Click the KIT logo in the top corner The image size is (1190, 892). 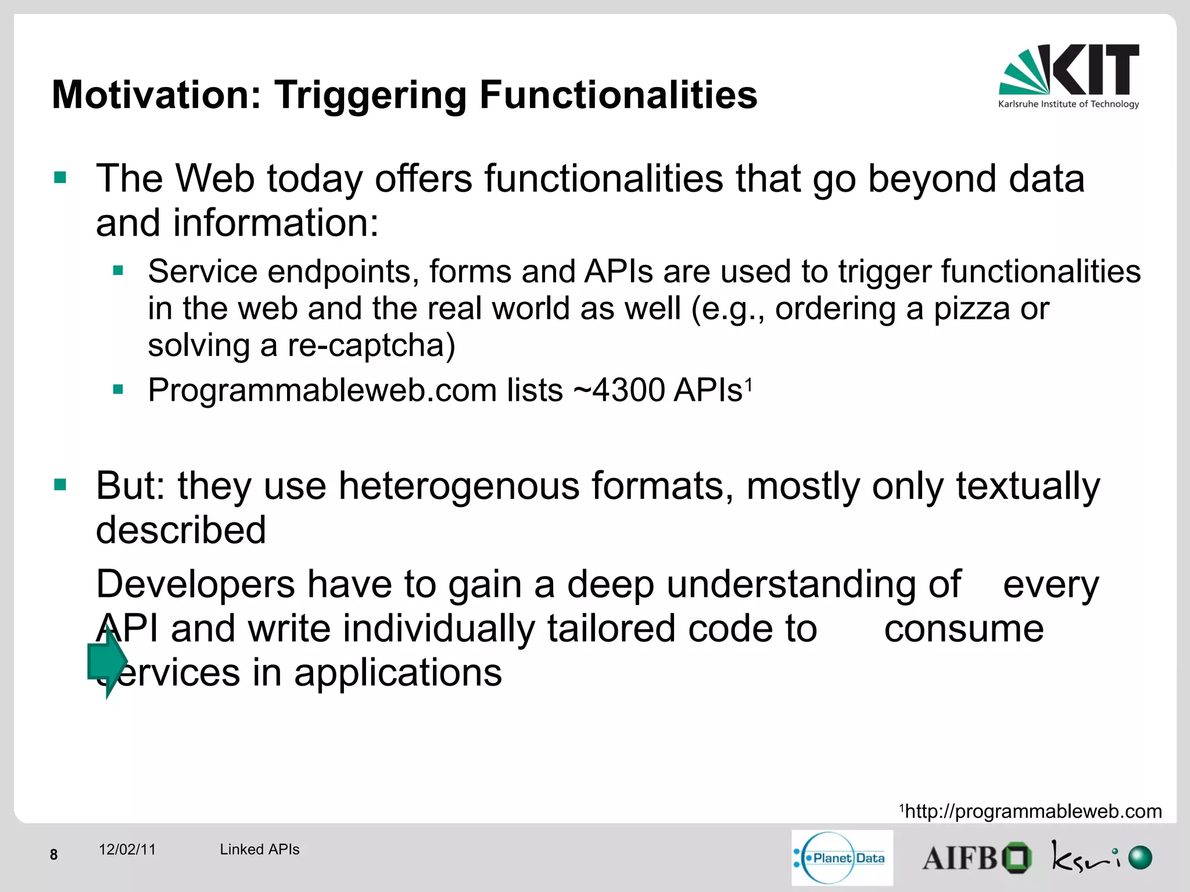click(x=1069, y=75)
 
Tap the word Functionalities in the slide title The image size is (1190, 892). click(x=618, y=95)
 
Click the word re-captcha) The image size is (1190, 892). click(x=371, y=346)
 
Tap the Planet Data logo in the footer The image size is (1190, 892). click(x=842, y=858)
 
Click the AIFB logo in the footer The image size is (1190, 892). click(x=977, y=858)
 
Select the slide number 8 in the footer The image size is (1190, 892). click(x=53, y=854)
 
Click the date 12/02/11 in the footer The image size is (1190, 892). click(x=127, y=850)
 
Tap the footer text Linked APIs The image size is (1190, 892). click(x=259, y=850)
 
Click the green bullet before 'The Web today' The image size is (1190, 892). click(x=60, y=177)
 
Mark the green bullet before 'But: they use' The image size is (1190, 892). click(x=60, y=484)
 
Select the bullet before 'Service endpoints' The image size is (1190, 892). click(x=119, y=270)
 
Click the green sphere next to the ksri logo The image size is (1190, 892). click(x=1139, y=858)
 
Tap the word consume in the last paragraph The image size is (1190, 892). click(x=963, y=629)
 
